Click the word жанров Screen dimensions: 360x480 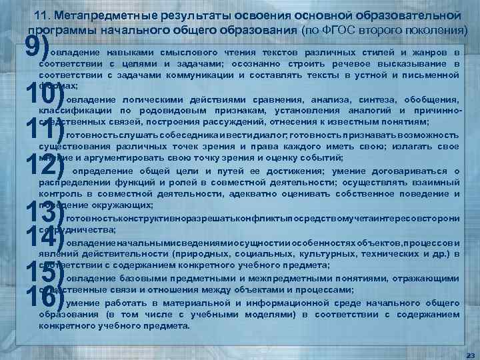tap(423, 53)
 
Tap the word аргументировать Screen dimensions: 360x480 tap(127, 158)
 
